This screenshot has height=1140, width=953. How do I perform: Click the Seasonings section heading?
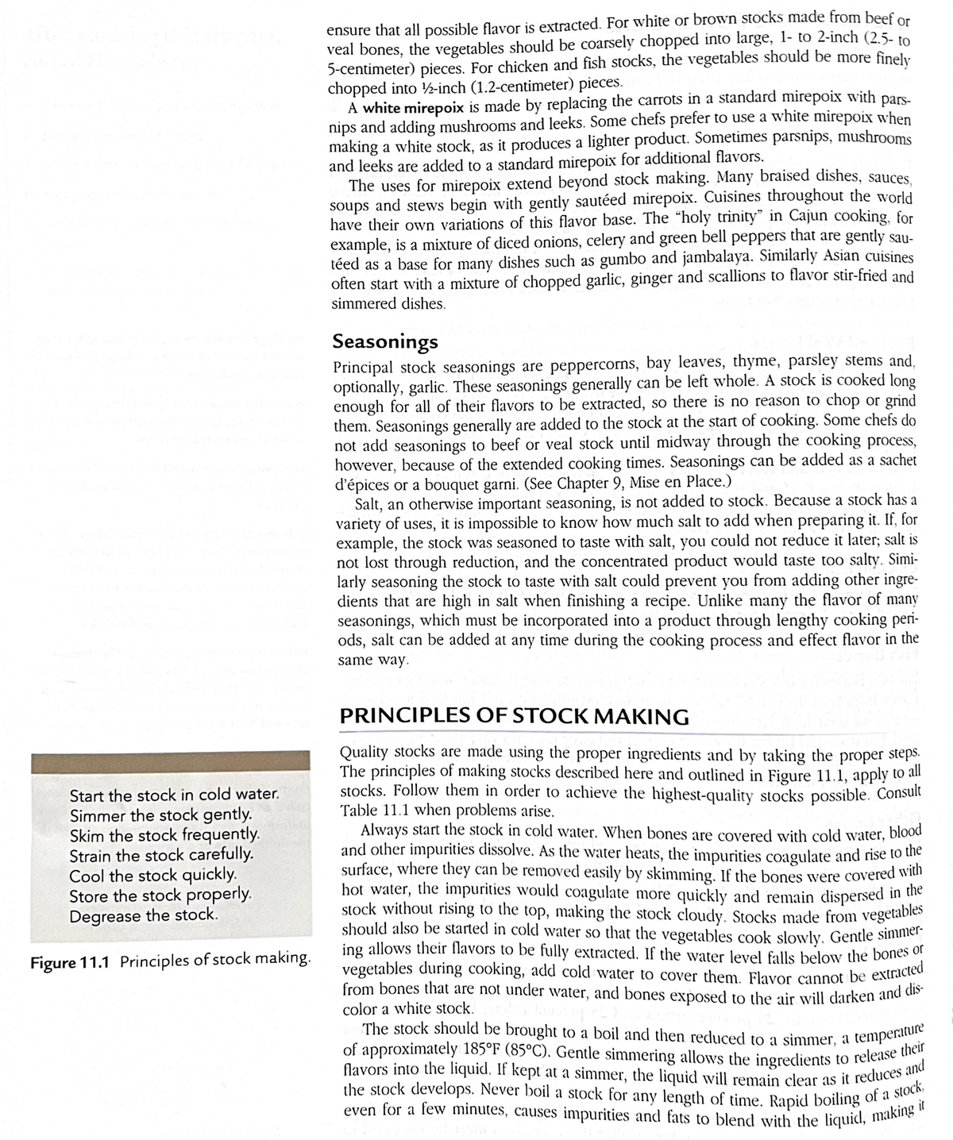384,341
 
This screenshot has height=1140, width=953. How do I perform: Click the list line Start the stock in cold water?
175,795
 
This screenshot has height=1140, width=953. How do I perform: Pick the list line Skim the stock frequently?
165,835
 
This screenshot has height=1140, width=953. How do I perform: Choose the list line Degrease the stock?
143,915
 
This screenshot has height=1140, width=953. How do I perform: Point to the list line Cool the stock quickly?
153,875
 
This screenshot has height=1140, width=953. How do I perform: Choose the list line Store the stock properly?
161,895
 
